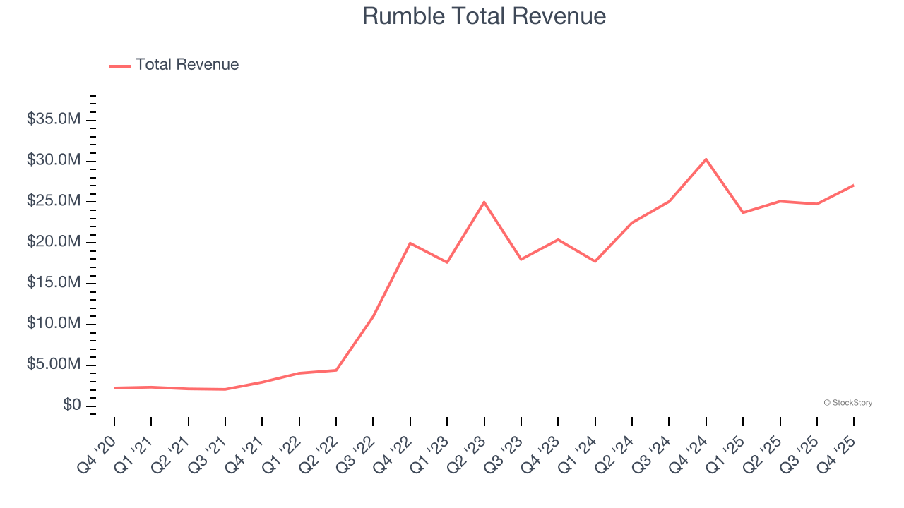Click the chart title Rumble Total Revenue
484,16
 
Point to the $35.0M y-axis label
54,119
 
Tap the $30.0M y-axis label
54,160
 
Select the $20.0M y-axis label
54,242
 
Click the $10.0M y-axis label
54,324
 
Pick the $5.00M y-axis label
54,365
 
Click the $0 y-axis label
71,406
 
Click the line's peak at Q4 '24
706,159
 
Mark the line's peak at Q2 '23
484,202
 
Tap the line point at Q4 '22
410,243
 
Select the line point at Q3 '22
373,316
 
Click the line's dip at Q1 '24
595,262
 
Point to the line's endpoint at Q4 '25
853,186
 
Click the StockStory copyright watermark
847,403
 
